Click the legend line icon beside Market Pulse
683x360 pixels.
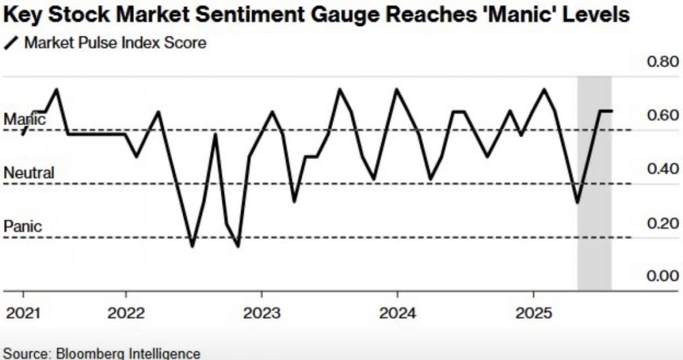pyautogui.click(x=11, y=44)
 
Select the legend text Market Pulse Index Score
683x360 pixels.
pyautogui.click(x=115, y=44)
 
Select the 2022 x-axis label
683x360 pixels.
pyautogui.click(x=126, y=314)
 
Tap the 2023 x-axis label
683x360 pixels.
pyautogui.click(x=262, y=314)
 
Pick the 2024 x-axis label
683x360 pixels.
pyautogui.click(x=398, y=314)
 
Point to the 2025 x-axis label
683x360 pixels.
pyautogui.click(x=533, y=314)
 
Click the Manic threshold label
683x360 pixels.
pyautogui.click(x=25, y=120)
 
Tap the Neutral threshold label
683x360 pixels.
pyautogui.click(x=29, y=173)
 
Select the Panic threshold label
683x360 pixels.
pyautogui.click(x=23, y=226)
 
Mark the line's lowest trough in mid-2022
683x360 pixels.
pyautogui.click(x=193, y=247)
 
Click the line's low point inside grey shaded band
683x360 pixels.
pyautogui.click(x=578, y=203)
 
